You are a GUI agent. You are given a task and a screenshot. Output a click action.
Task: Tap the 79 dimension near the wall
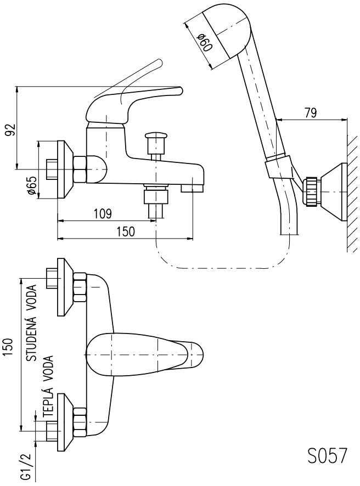[310, 114]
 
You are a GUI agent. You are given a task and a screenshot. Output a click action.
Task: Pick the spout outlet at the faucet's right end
[192, 188]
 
